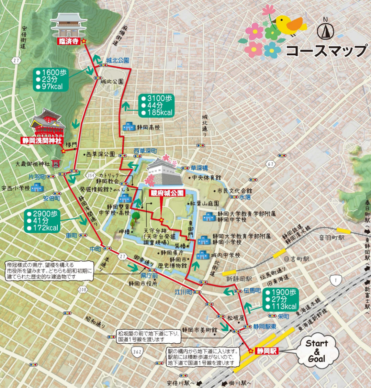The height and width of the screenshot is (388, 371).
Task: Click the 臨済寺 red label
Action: click(68, 41)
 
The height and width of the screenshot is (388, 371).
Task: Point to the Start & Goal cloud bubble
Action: click(316, 351)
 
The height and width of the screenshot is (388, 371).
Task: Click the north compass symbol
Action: click(326, 30)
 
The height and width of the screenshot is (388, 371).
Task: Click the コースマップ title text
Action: click(326, 51)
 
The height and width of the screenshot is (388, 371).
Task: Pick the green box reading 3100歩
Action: click(156, 105)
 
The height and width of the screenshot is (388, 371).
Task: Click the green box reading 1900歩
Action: click(280, 299)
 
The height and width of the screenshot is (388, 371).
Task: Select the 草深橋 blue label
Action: click(199, 168)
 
